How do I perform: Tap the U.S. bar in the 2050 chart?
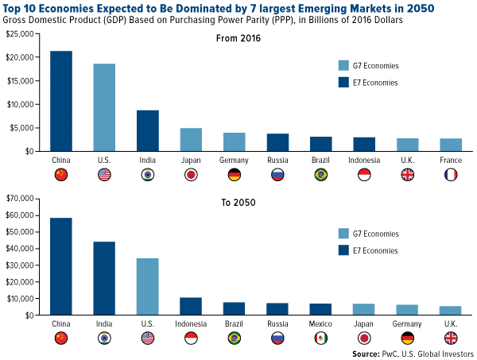(x=146, y=287)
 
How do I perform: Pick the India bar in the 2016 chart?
(x=148, y=130)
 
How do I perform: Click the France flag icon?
(x=451, y=174)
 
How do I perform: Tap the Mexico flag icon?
(x=320, y=339)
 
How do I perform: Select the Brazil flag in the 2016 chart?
(x=320, y=174)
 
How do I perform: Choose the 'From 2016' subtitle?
(x=238, y=37)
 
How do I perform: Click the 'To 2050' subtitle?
(x=238, y=203)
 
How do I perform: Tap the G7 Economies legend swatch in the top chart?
(x=343, y=67)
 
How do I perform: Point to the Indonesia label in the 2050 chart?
(x=190, y=324)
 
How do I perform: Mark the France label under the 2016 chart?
(x=451, y=159)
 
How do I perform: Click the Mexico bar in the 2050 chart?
(x=320, y=309)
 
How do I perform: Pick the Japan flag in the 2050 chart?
(x=363, y=339)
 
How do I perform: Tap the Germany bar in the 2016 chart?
(x=234, y=141)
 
